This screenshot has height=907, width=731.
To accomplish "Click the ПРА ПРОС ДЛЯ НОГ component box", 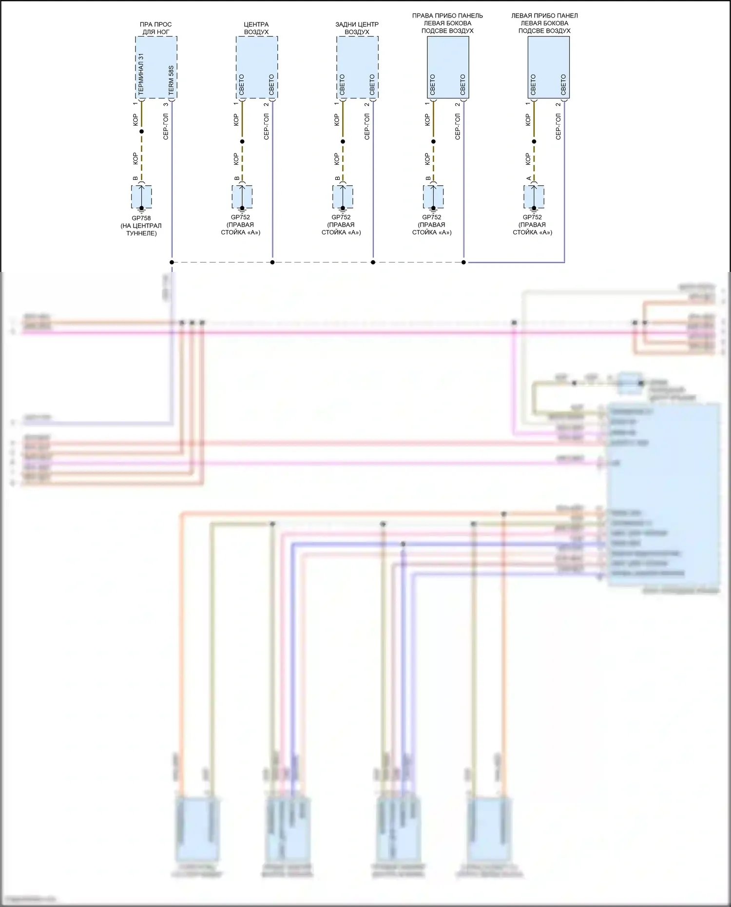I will [156, 67].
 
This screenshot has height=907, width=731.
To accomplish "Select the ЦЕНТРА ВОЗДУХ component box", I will [257, 67].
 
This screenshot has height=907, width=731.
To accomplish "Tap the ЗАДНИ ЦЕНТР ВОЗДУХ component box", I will [357, 67].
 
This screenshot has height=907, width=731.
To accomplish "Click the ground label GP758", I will [141, 218].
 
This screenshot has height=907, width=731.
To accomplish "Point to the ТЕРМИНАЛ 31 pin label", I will [141, 74].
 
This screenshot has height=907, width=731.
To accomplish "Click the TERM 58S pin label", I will [171, 80].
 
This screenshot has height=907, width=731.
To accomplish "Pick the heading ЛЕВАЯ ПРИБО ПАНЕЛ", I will [544, 16].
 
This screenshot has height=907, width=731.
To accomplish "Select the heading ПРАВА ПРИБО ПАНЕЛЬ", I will [447, 16].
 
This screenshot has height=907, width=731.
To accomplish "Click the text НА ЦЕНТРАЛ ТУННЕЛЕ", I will [141, 230].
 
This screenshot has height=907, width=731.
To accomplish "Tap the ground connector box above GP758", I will [141, 196].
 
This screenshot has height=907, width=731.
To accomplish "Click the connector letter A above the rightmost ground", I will [529, 178].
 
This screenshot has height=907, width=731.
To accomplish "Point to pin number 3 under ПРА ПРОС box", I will [166, 104].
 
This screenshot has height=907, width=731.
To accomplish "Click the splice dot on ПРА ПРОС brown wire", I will [142, 132].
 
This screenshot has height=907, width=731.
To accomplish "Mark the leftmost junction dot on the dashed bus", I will [172, 262].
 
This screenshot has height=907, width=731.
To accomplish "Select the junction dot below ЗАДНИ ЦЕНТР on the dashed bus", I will [373, 262].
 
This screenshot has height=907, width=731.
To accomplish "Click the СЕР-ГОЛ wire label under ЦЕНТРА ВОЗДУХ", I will [267, 127].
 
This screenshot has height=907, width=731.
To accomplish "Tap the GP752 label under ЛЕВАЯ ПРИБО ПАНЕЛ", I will [532, 217].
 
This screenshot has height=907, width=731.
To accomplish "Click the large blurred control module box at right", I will [663, 495].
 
